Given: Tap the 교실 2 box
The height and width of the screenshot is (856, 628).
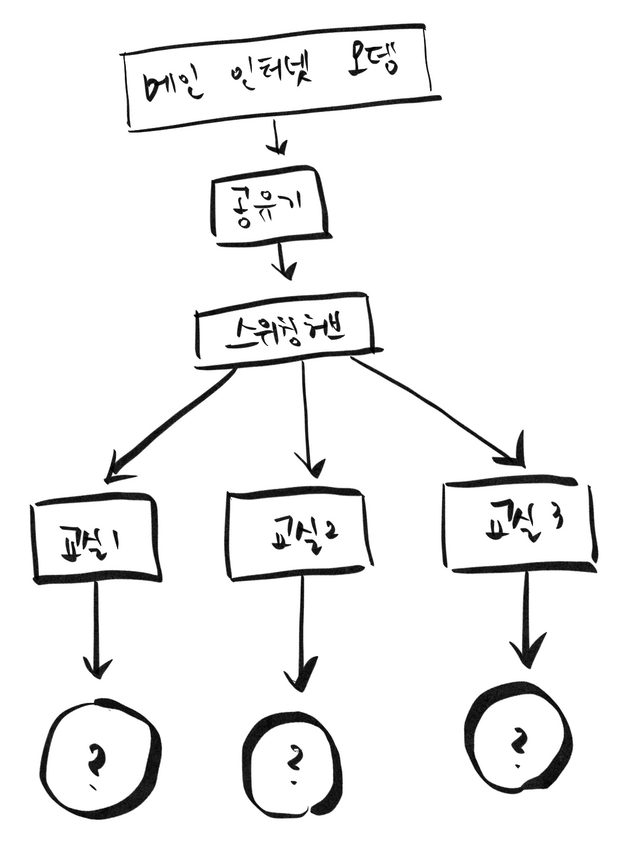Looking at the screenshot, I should pyautogui.click(x=299, y=534).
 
